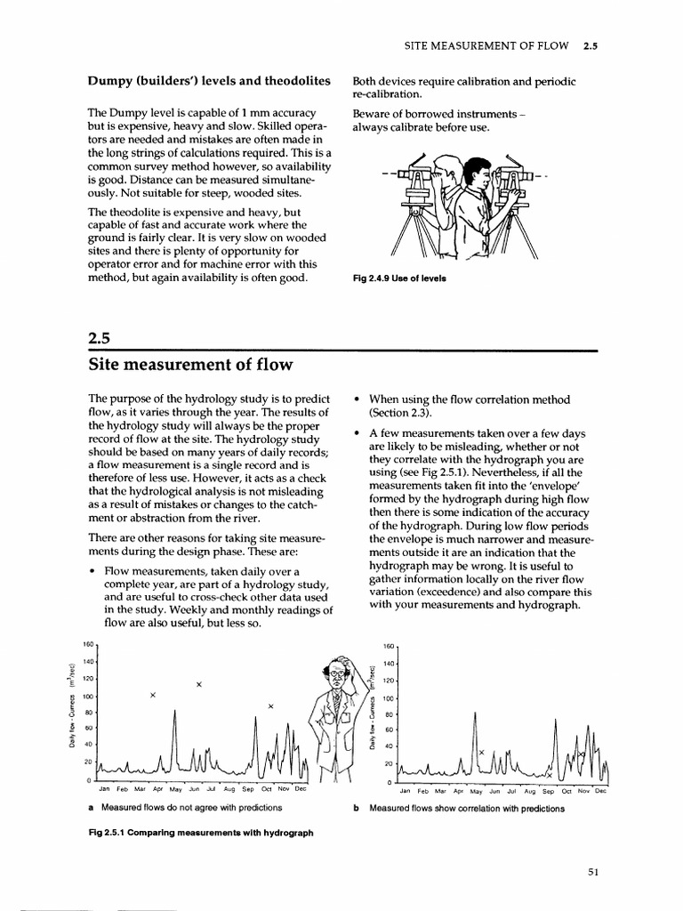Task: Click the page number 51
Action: [593, 872]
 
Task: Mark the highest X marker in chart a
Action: [199, 684]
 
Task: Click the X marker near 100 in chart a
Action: [153, 695]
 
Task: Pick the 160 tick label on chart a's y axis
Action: [87, 644]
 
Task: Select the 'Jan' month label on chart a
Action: [104, 789]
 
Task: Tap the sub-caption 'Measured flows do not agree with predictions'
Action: [191, 808]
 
